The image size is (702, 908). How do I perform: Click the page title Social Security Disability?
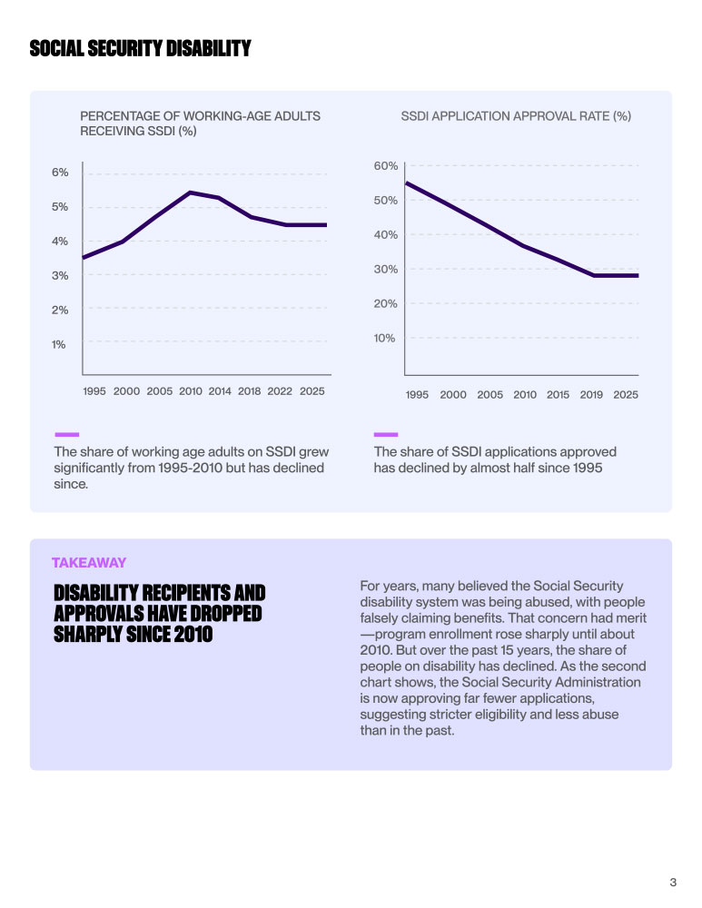(140, 49)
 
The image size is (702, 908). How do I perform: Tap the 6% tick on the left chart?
(60, 173)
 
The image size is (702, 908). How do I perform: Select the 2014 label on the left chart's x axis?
(220, 391)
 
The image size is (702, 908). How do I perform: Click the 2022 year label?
(280, 391)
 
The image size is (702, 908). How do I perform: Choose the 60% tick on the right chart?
(386, 166)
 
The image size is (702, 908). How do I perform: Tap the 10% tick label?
(386, 338)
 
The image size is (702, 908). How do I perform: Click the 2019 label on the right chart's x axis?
(591, 395)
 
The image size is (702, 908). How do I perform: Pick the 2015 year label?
(559, 395)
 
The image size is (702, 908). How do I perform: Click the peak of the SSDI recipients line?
(191, 192)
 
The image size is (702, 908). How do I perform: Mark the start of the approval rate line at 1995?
(406, 183)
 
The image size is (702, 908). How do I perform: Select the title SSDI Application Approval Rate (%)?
(516, 116)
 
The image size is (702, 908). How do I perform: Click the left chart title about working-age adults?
(200, 123)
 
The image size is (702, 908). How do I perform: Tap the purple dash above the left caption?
(66, 434)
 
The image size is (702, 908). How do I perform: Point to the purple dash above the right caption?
(386, 434)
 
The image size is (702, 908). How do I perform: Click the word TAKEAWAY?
(89, 563)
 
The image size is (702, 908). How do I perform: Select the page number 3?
(673, 882)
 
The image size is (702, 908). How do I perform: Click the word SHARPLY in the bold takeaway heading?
(94, 633)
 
